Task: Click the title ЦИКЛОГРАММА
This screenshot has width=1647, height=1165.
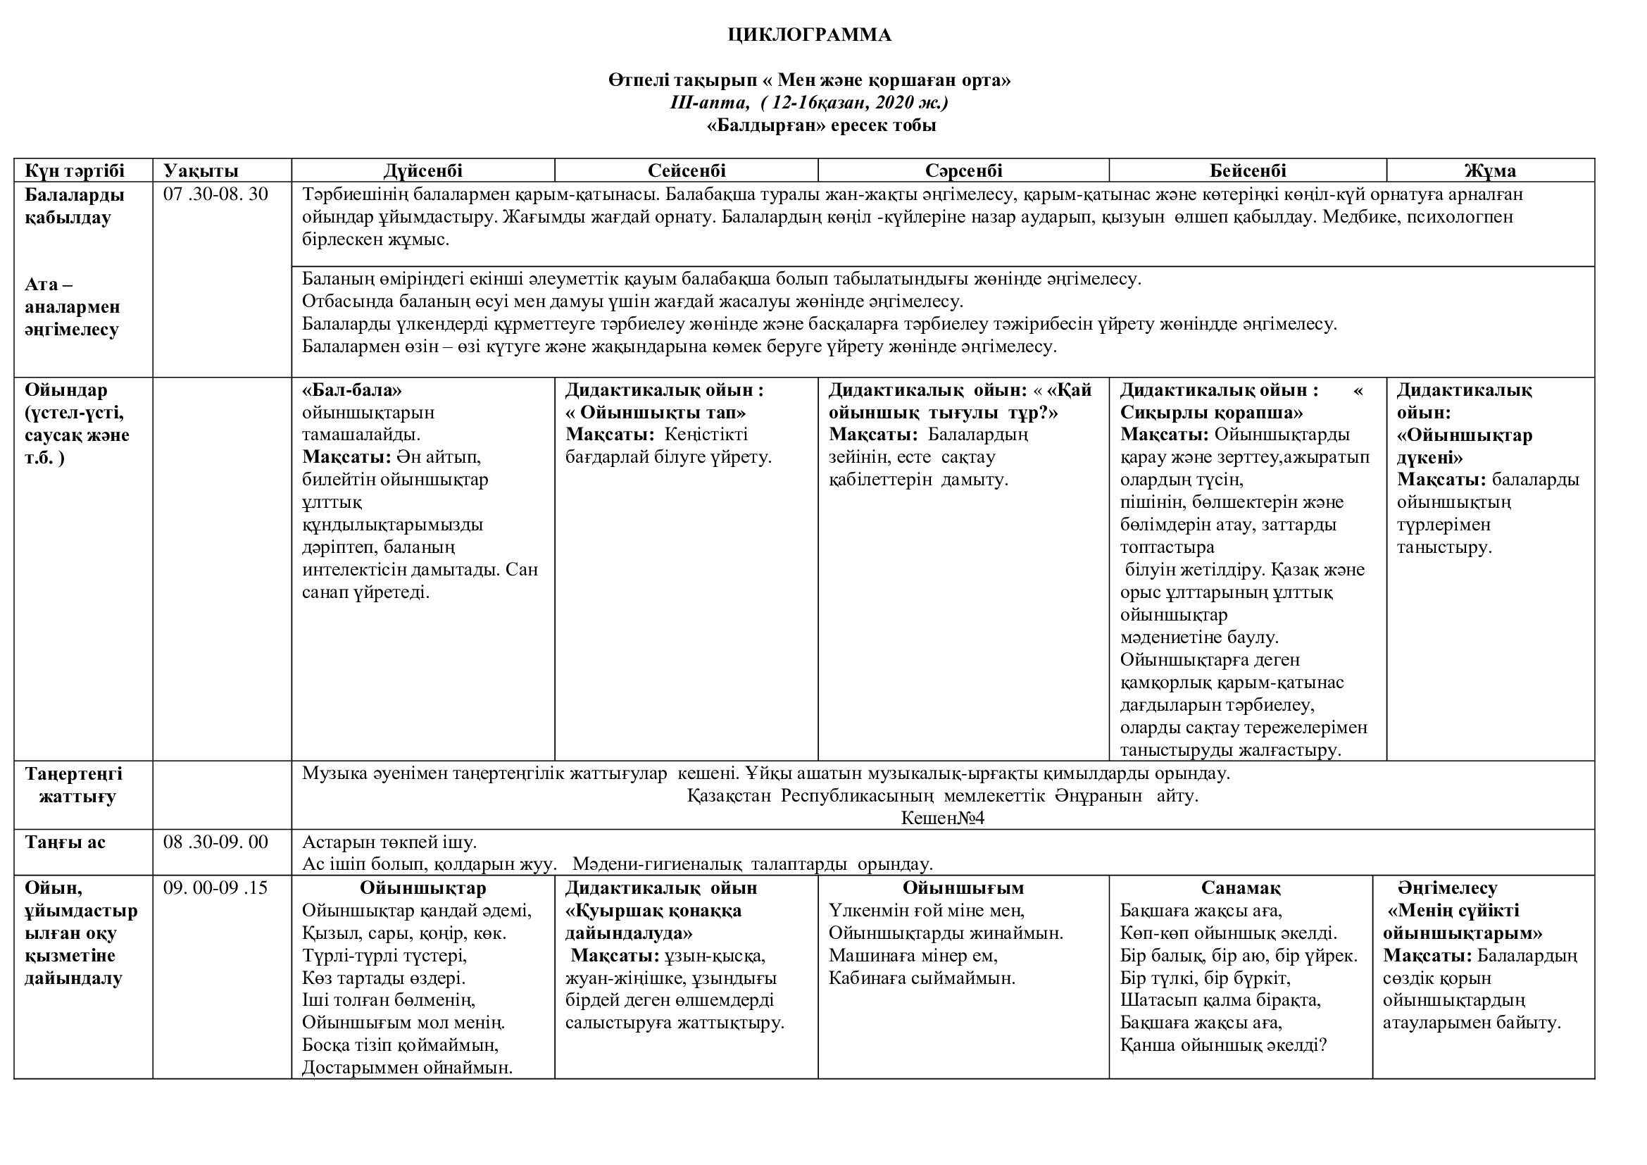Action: pyautogui.click(x=809, y=35)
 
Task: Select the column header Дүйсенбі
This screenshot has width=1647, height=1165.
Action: pyautogui.click(x=422, y=170)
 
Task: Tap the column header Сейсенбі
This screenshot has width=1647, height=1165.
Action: pyautogui.click(x=686, y=170)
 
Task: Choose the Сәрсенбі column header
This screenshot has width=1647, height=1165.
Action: pyautogui.click(x=963, y=170)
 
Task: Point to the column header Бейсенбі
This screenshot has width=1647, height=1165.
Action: pyautogui.click(x=1248, y=170)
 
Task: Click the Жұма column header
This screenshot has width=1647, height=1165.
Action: pyautogui.click(x=1490, y=170)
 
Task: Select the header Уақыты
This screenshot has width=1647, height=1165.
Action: pyautogui.click(x=201, y=170)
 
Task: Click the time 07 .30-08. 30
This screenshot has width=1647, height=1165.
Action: pyautogui.click(x=216, y=194)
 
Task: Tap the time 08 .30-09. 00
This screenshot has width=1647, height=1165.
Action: pyautogui.click(x=216, y=842)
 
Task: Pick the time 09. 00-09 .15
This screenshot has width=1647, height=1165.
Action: pyautogui.click(x=216, y=887)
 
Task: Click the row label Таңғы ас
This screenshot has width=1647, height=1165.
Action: pyautogui.click(x=65, y=842)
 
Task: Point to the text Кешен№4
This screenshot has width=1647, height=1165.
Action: pyautogui.click(x=943, y=818)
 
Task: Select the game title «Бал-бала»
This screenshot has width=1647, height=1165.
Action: pyautogui.click(x=352, y=390)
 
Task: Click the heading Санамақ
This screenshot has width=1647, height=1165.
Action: pyautogui.click(x=1240, y=888)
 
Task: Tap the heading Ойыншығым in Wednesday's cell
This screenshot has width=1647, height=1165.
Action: pyautogui.click(x=963, y=888)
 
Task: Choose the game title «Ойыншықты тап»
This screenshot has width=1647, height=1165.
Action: pyautogui.click(x=656, y=413)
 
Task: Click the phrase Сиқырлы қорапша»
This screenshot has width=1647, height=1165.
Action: pyautogui.click(x=1212, y=413)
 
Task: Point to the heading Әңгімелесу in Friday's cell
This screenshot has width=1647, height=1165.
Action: pyautogui.click(x=1448, y=888)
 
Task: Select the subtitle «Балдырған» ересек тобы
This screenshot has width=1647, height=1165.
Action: pyautogui.click(x=821, y=126)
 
